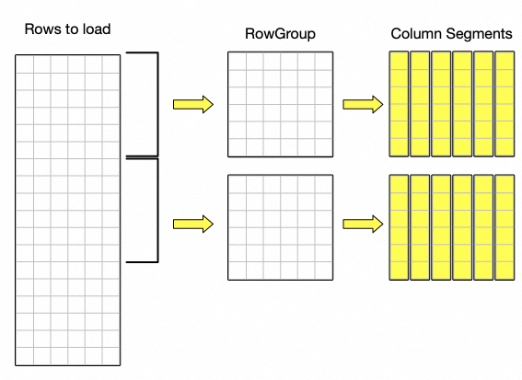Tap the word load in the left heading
[97, 29]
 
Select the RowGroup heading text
[280, 34]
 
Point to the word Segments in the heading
[480, 34]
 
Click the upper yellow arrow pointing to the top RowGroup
[193, 105]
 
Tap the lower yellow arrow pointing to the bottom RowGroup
[193, 224]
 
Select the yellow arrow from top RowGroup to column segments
[363, 105]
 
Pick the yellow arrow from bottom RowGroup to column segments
[363, 224]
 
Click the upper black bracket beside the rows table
[157, 104]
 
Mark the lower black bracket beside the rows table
[157, 211]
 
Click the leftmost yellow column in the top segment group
[399, 104]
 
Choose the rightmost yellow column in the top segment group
[505, 104]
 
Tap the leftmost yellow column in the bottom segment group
[399, 227]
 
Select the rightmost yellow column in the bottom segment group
[505, 227]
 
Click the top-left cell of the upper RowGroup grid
[238, 62]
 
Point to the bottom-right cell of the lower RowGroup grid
[323, 271]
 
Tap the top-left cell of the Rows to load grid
[25, 64]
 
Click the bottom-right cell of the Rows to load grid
[110, 356]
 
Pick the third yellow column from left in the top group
[441, 104]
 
